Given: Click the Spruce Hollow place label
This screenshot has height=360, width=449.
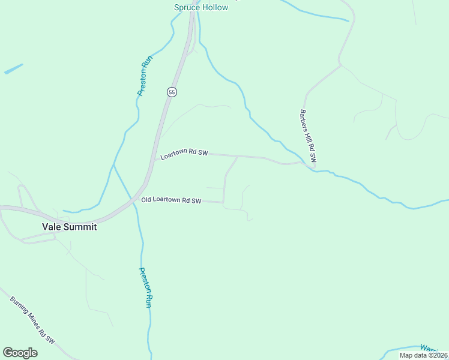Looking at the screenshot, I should pyautogui.click(x=201, y=7).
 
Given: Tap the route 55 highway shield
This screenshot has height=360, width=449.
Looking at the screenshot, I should pyautogui.click(x=172, y=92).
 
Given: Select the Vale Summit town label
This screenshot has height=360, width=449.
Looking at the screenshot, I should pyautogui.click(x=69, y=227).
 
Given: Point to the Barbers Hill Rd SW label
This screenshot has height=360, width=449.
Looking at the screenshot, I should pyautogui.click(x=307, y=136).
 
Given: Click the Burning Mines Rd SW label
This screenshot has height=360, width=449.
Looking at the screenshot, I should pyautogui.click(x=32, y=319).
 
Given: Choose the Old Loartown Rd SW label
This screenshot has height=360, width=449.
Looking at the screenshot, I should pyautogui.click(x=171, y=200).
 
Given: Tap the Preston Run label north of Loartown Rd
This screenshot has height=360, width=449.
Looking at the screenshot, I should pyautogui.click(x=145, y=76).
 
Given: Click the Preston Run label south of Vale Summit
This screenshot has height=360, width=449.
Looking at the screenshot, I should pyautogui.click(x=145, y=287).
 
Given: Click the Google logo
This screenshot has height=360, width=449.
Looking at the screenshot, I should pyautogui.click(x=20, y=353).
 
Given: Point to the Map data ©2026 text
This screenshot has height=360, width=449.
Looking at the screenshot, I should pyautogui.click(x=423, y=355).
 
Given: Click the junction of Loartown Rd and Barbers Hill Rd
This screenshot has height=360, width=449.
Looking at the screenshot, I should pyautogui.click(x=305, y=162).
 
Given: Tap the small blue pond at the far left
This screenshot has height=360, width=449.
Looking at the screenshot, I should pyautogui.click(x=13, y=69).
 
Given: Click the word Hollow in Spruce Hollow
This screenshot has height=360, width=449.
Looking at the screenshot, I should pyautogui.click(x=214, y=7).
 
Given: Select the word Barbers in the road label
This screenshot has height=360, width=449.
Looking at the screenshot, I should pyautogui.click(x=304, y=121).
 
